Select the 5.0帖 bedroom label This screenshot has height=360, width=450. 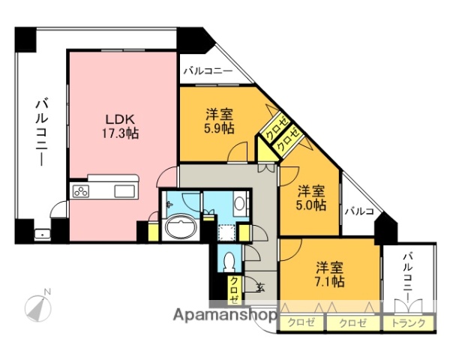coord(310,196)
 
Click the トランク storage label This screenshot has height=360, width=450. coord(409,323)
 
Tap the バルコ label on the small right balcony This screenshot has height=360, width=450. coord(359,211)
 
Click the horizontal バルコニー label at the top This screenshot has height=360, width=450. coord(207,73)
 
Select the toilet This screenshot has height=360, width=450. coord(230,262)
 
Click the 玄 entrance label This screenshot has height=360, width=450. coord(259,286)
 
